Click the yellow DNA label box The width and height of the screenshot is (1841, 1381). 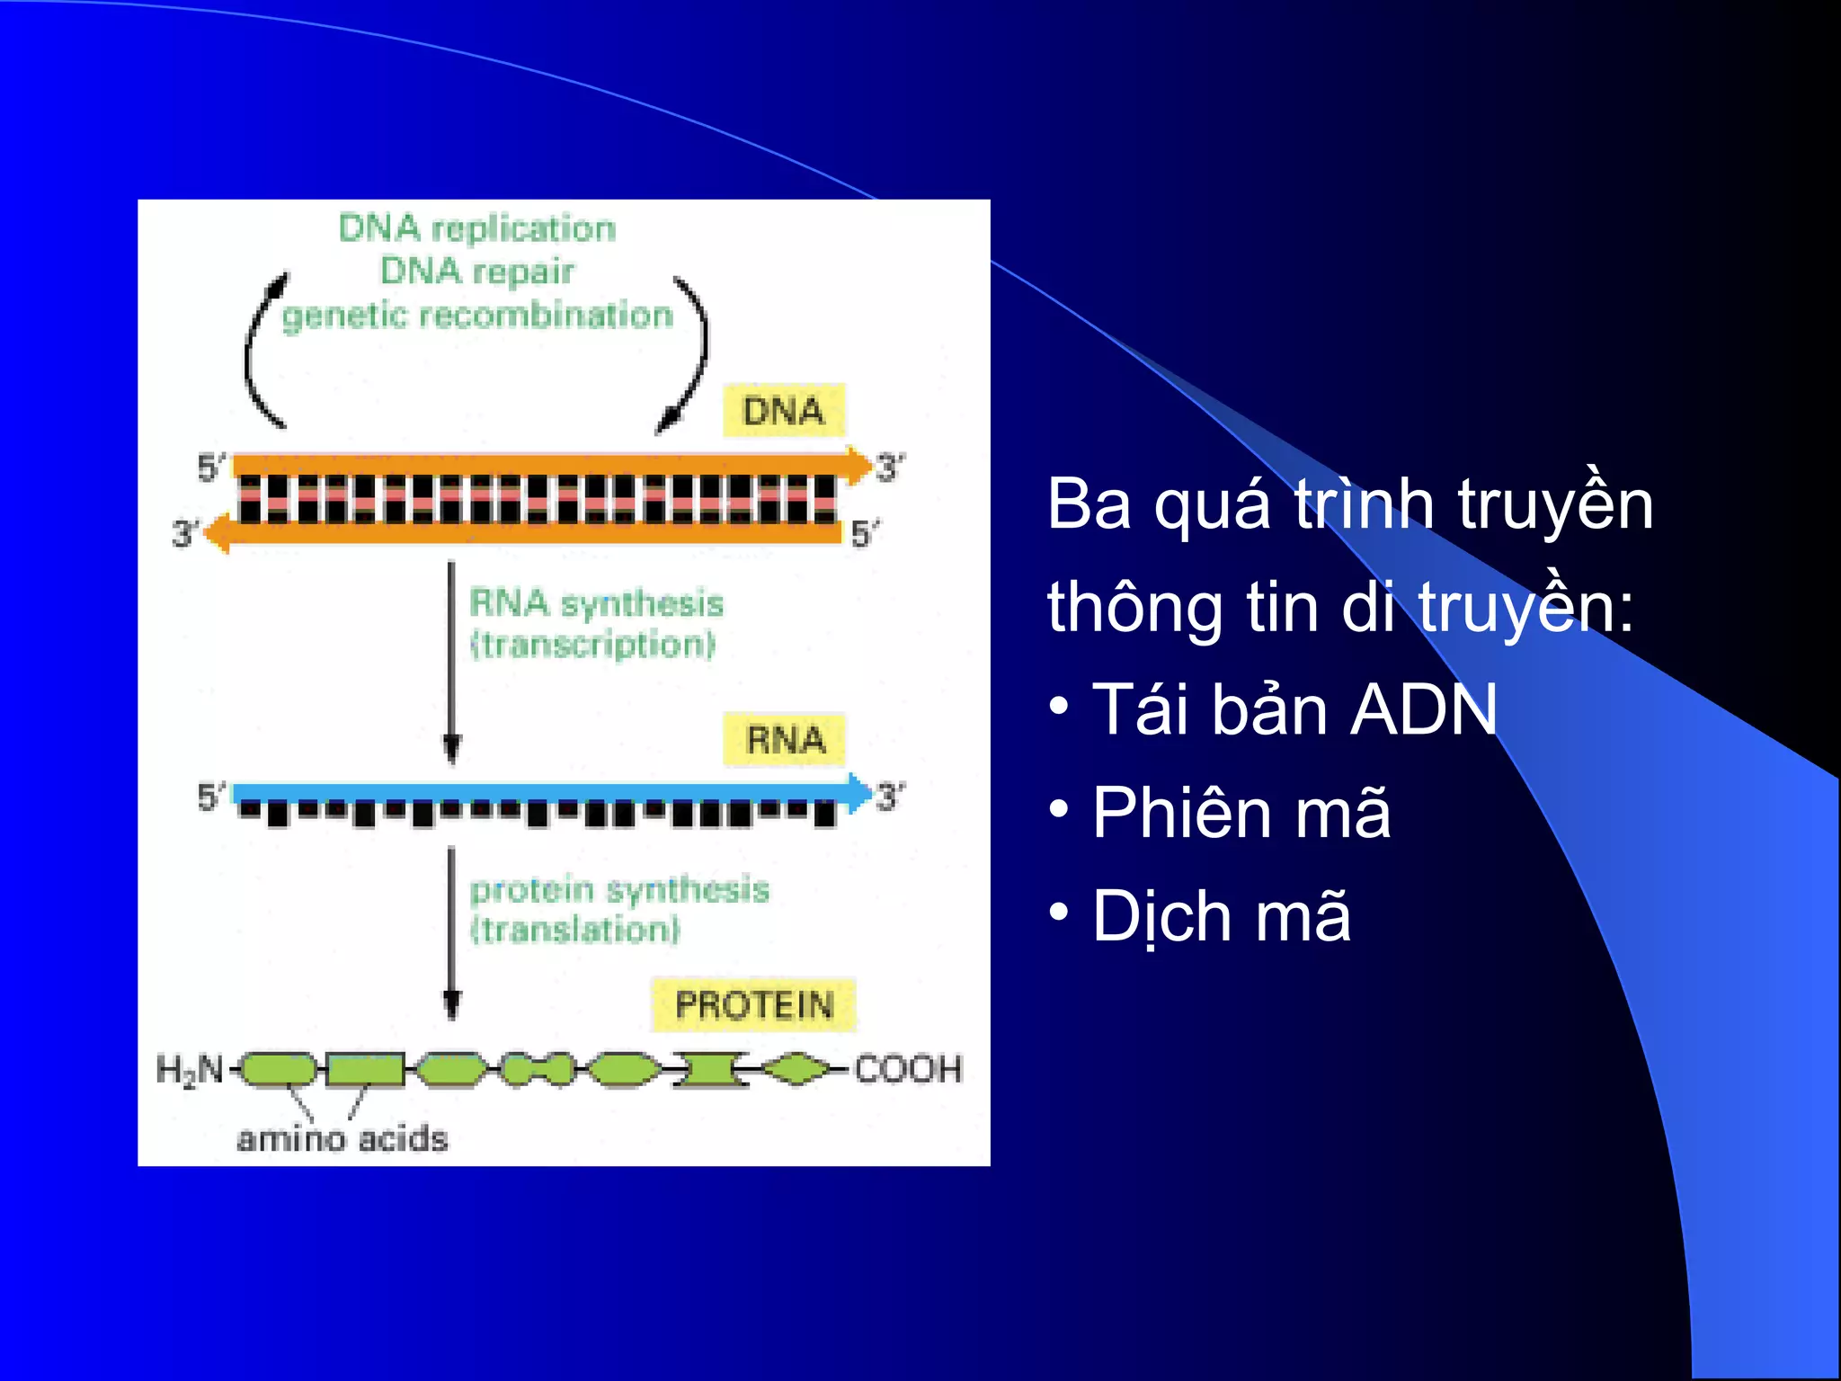point(783,411)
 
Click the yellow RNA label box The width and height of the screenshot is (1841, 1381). point(785,740)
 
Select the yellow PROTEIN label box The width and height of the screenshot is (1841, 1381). point(754,1004)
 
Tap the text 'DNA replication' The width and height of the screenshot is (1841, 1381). point(477,228)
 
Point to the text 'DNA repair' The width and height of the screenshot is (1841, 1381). point(477,271)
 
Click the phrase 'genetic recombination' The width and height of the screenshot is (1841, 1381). point(477,316)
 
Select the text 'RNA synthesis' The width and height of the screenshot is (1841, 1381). point(597,602)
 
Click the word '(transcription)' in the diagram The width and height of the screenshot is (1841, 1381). point(593,645)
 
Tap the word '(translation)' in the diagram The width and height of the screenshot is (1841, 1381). point(575,930)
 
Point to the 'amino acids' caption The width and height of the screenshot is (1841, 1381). point(342,1138)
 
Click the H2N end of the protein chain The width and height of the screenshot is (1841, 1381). point(190,1070)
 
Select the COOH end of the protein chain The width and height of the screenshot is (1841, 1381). point(908,1069)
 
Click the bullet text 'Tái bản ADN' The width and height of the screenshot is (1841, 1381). point(1294,709)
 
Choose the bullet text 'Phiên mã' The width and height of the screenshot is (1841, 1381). point(1241,813)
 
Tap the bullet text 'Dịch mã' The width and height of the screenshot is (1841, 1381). point(1221,916)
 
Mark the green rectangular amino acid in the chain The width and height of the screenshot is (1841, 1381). point(365,1070)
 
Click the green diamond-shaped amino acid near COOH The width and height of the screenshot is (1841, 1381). point(796,1069)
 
